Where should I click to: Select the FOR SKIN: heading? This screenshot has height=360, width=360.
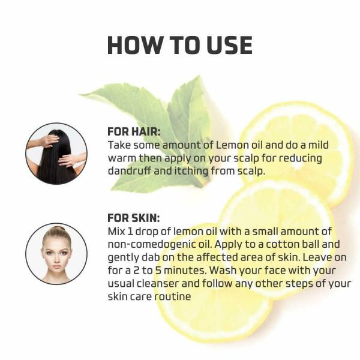(133, 218)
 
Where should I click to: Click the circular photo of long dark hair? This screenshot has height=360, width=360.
(56, 153)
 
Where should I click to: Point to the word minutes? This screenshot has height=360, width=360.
(187, 271)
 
